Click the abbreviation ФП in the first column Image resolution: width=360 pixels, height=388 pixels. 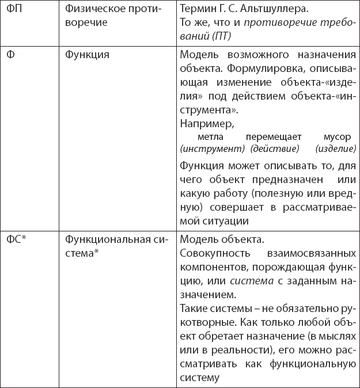point(14,10)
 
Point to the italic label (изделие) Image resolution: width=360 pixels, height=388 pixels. point(336,149)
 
